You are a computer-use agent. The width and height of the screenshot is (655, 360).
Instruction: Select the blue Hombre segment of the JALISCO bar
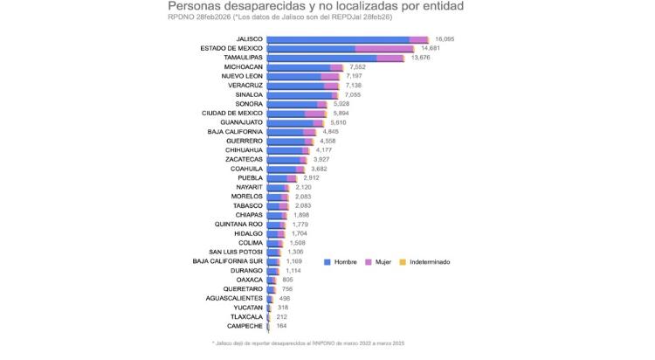tap(337, 39)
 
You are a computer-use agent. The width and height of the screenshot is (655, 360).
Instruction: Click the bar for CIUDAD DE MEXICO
tap(296, 113)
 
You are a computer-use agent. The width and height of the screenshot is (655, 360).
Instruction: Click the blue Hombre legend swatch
tap(327, 261)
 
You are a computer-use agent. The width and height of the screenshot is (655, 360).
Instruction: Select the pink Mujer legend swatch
tap(369, 261)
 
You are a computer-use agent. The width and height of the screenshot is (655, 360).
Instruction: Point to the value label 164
tap(280, 325)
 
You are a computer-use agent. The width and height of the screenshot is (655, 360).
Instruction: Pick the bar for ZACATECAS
tap(286, 159)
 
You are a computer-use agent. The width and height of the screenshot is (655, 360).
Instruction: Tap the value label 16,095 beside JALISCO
tap(446, 39)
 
